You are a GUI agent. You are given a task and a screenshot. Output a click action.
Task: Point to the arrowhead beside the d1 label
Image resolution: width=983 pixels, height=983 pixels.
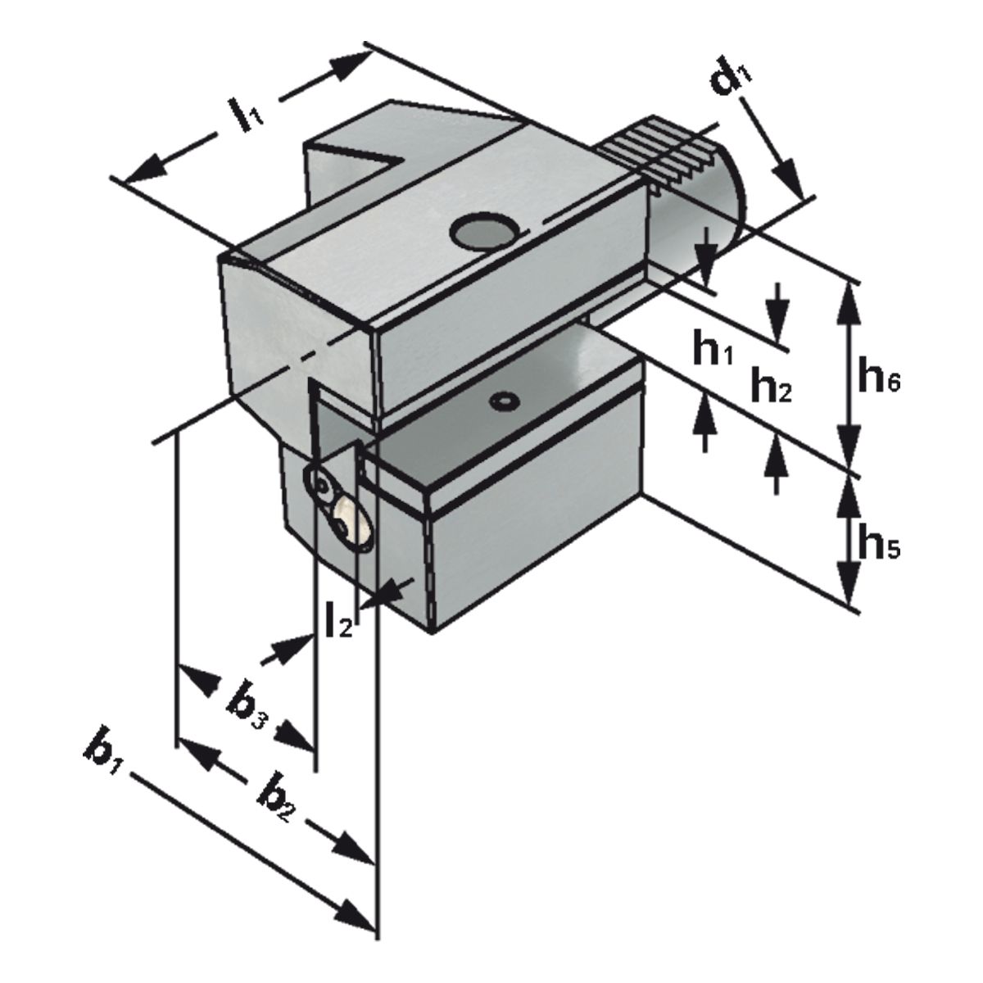click(786, 177)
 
